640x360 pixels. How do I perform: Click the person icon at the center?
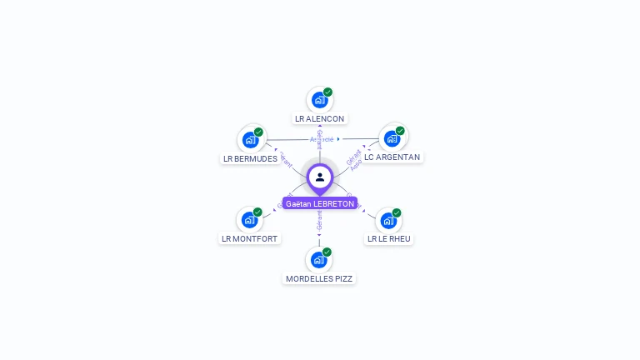[320, 177]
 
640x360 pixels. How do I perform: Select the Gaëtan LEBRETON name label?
[319, 203]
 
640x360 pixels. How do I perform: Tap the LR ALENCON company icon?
[319, 100]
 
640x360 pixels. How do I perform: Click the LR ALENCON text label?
[319, 118]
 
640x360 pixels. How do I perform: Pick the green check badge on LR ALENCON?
[327, 92]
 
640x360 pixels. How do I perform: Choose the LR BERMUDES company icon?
[250, 139]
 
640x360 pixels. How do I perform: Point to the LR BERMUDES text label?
[250, 158]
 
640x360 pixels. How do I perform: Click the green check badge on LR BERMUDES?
[258, 132]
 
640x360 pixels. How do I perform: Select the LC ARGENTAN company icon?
[392, 137]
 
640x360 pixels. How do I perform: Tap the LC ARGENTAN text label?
[392, 157]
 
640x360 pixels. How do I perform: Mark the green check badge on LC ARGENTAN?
[400, 131]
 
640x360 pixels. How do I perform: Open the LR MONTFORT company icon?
[249, 220]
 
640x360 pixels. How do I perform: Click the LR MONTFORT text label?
[249, 238]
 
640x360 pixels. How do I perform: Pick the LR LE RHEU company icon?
[388, 220]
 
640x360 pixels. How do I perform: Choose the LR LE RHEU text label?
[389, 238]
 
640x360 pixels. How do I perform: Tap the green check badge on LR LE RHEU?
[397, 212]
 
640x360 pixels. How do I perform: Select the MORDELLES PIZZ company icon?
[318, 259]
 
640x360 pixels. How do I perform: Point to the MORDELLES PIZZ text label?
[319, 278]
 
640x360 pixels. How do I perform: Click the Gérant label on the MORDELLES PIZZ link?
[319, 221]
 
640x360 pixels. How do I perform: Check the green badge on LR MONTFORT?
[257, 212]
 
